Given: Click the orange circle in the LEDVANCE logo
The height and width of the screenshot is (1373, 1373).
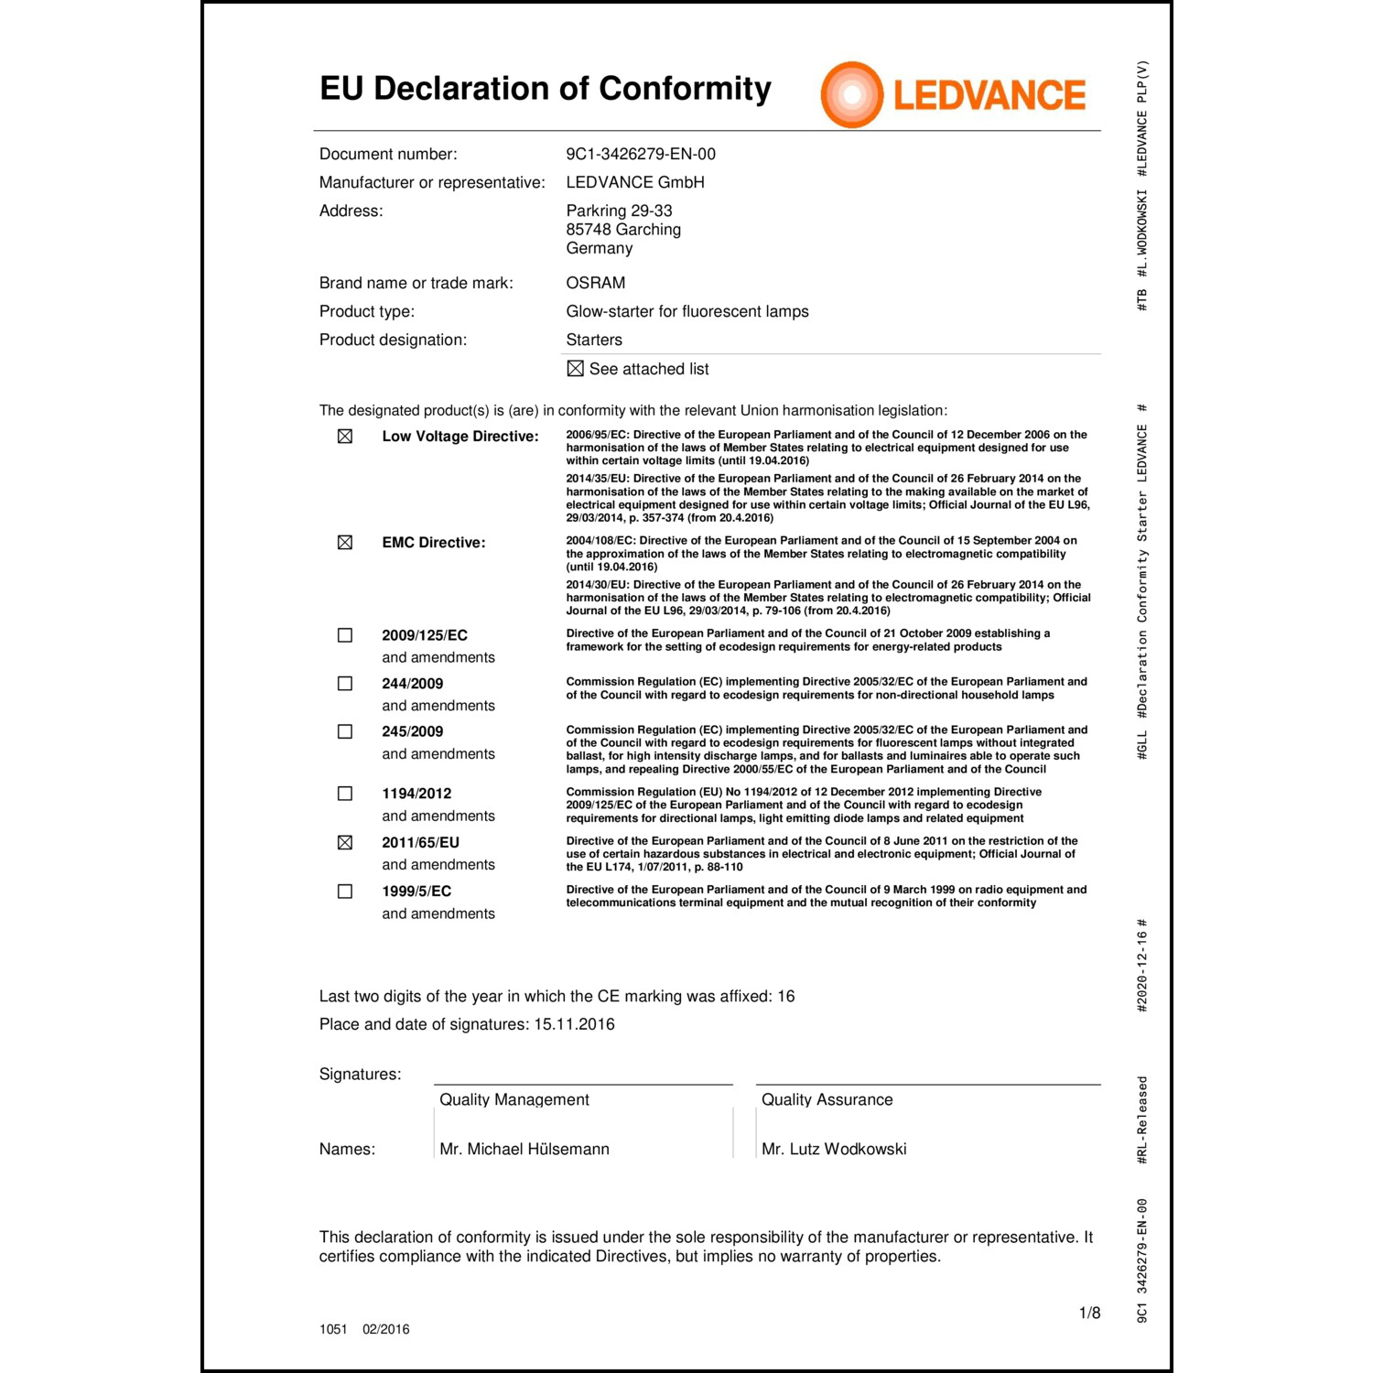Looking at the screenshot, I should coord(851,94).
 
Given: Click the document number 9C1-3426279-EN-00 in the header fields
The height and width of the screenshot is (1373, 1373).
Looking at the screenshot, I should coord(641,154).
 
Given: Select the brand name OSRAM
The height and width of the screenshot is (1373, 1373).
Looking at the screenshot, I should coord(595,283).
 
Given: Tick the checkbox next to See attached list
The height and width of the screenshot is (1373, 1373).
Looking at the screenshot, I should coord(575,369).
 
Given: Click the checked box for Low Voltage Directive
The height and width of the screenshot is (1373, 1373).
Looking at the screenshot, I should coord(345,437).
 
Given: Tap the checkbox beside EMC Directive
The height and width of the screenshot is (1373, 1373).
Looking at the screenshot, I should coord(345,543).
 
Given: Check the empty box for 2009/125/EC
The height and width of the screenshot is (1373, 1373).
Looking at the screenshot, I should coord(345,635).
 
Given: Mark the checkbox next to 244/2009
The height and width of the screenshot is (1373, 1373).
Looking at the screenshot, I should coord(345,684).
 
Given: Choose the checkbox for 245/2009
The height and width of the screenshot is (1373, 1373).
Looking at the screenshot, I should coord(345,731).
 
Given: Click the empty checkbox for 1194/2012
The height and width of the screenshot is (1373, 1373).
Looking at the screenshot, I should coord(345,794).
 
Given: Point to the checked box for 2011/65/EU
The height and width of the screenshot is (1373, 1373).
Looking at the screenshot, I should coord(345,842).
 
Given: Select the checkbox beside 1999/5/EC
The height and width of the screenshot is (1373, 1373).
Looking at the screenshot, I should coord(345,891).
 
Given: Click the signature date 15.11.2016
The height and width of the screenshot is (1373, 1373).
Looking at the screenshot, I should coord(574,1024).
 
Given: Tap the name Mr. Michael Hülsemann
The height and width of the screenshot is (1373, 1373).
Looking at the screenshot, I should coord(524,1149).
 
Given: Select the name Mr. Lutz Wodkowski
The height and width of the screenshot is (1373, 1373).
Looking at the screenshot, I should coord(834,1149).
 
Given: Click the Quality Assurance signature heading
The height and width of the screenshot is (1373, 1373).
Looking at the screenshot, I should coord(827,1099).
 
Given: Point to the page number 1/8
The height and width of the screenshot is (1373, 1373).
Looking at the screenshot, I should coord(1089,1313).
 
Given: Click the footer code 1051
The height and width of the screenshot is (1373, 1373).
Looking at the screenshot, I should coord(333,1329).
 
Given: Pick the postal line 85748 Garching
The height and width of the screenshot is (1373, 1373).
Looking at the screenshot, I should coord(623,230).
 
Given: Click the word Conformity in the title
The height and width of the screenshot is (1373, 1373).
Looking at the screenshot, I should coord(685,89).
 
